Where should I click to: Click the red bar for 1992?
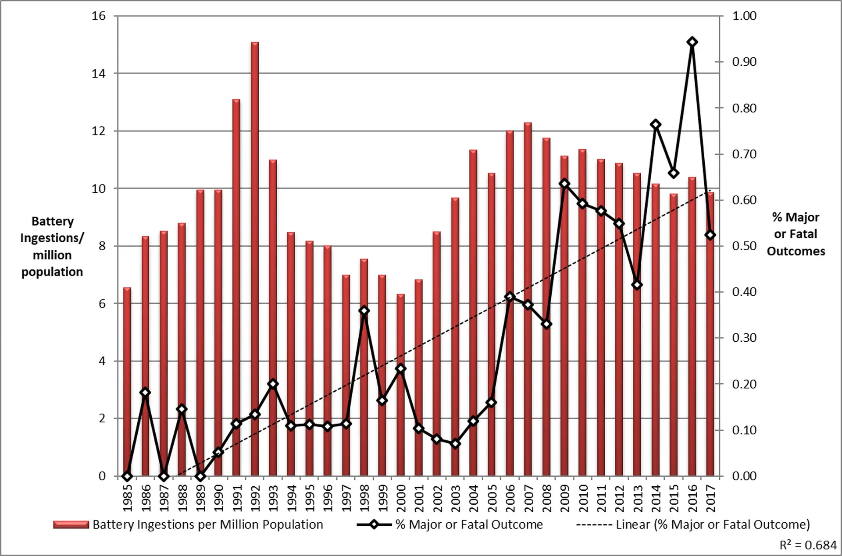255,259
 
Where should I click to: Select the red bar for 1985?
127,381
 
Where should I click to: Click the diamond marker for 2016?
692,42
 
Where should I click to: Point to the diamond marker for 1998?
364,311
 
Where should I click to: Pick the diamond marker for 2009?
565,184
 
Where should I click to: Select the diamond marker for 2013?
638,285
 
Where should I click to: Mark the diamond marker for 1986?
145,392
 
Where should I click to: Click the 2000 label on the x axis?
400,498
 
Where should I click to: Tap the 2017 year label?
711,498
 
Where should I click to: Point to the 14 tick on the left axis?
99,74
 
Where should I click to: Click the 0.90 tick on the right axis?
744,62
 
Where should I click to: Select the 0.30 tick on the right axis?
744,338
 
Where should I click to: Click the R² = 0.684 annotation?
808,545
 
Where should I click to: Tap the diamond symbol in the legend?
374,524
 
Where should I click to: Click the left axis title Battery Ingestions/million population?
52,246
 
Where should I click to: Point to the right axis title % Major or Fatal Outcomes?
796,234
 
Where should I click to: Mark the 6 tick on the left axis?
102,304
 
